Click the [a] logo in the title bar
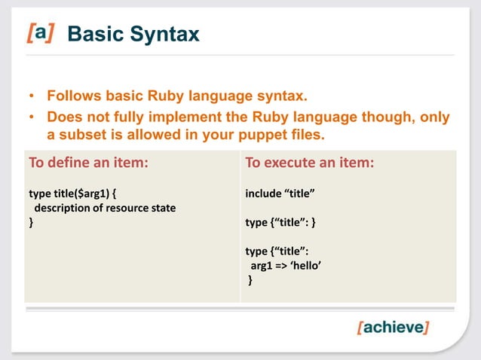pos(41,34)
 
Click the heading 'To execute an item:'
pos(309,163)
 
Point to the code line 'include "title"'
pos(280,194)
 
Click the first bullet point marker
pos(32,98)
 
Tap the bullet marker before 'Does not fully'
pos(32,118)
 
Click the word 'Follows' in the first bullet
pos(73,97)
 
